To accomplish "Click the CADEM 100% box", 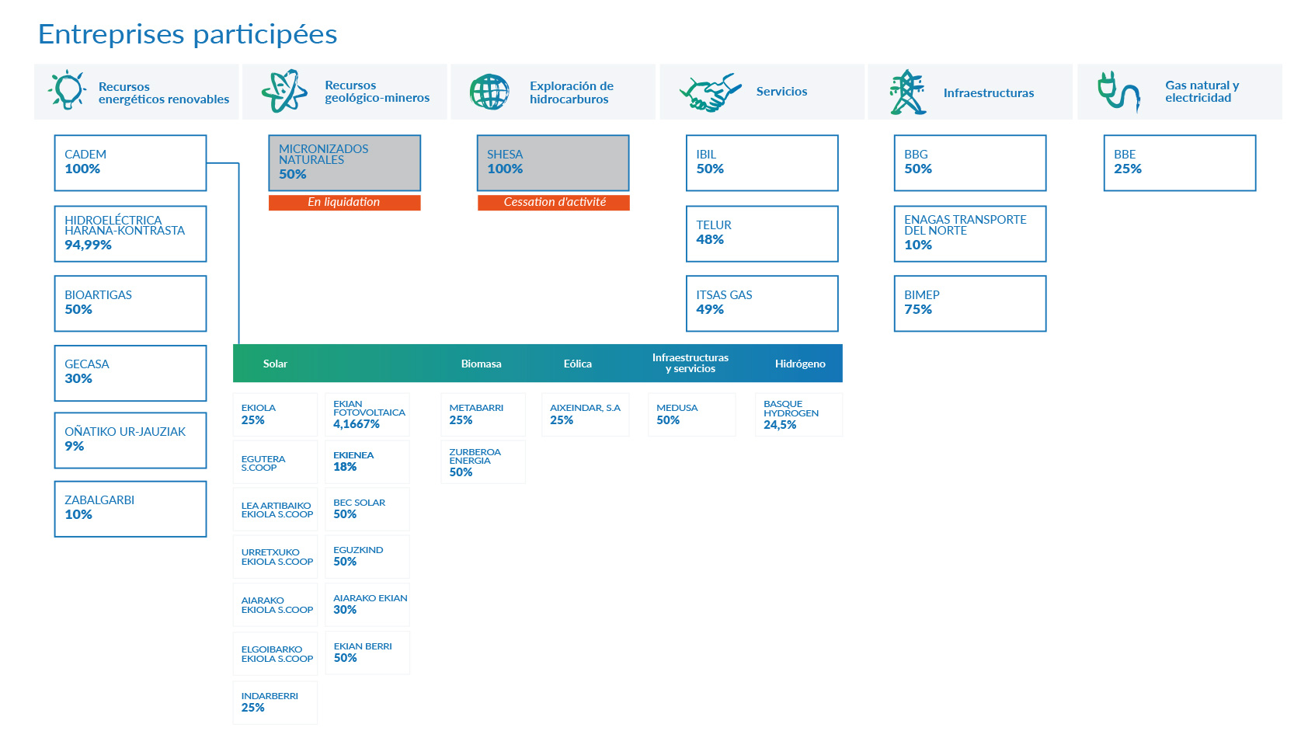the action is pos(130,163).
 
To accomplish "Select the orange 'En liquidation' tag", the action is pos(345,202).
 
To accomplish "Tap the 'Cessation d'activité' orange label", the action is pos(554,202).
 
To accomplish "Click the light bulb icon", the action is pos(67,89).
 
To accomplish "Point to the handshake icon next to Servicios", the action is pos(709,92).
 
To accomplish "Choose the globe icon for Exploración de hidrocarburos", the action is pos(489,92).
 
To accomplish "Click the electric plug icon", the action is pos(1118,92).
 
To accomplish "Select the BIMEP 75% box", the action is pos(970,304).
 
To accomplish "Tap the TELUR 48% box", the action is pos(762,234).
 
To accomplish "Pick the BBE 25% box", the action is pos(1180,163).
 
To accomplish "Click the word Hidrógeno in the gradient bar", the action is pos(800,364).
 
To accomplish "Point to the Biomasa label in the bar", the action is pos(481,364).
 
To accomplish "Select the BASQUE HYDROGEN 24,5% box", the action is pos(798,415).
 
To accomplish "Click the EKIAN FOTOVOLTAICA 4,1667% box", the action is pos(367,415).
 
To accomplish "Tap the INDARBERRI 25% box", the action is pos(275,702).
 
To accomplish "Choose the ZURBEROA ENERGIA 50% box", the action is pos(483,461).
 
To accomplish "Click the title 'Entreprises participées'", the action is pos(187,34).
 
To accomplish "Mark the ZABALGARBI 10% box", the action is pos(130,509).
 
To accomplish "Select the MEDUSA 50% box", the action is pos(691,415).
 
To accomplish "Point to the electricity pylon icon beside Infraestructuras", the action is pos(907,92).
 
